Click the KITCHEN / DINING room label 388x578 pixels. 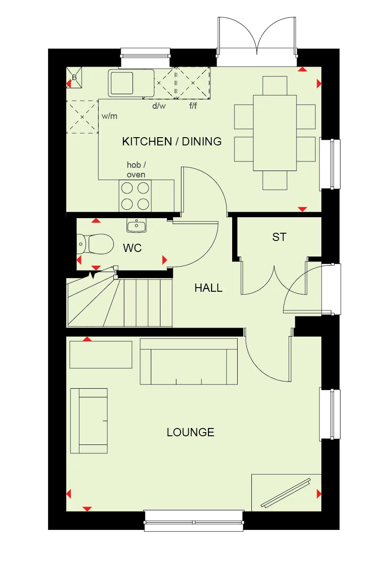(x=172, y=141)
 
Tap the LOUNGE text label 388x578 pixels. (x=190, y=432)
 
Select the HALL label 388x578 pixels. (x=208, y=288)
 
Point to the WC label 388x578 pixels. (x=132, y=248)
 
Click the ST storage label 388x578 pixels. (x=279, y=237)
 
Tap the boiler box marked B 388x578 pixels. (x=74, y=77)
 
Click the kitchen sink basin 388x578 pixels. (x=122, y=83)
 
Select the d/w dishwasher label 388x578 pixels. (x=159, y=106)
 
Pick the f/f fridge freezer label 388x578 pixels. (x=193, y=106)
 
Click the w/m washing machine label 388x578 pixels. (x=109, y=116)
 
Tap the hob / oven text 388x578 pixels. (x=136, y=170)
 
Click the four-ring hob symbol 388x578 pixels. (x=135, y=196)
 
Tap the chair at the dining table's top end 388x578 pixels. (x=275, y=85)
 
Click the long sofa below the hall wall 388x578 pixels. (x=188, y=361)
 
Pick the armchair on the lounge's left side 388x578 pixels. (x=89, y=420)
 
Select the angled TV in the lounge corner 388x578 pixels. (x=286, y=493)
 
